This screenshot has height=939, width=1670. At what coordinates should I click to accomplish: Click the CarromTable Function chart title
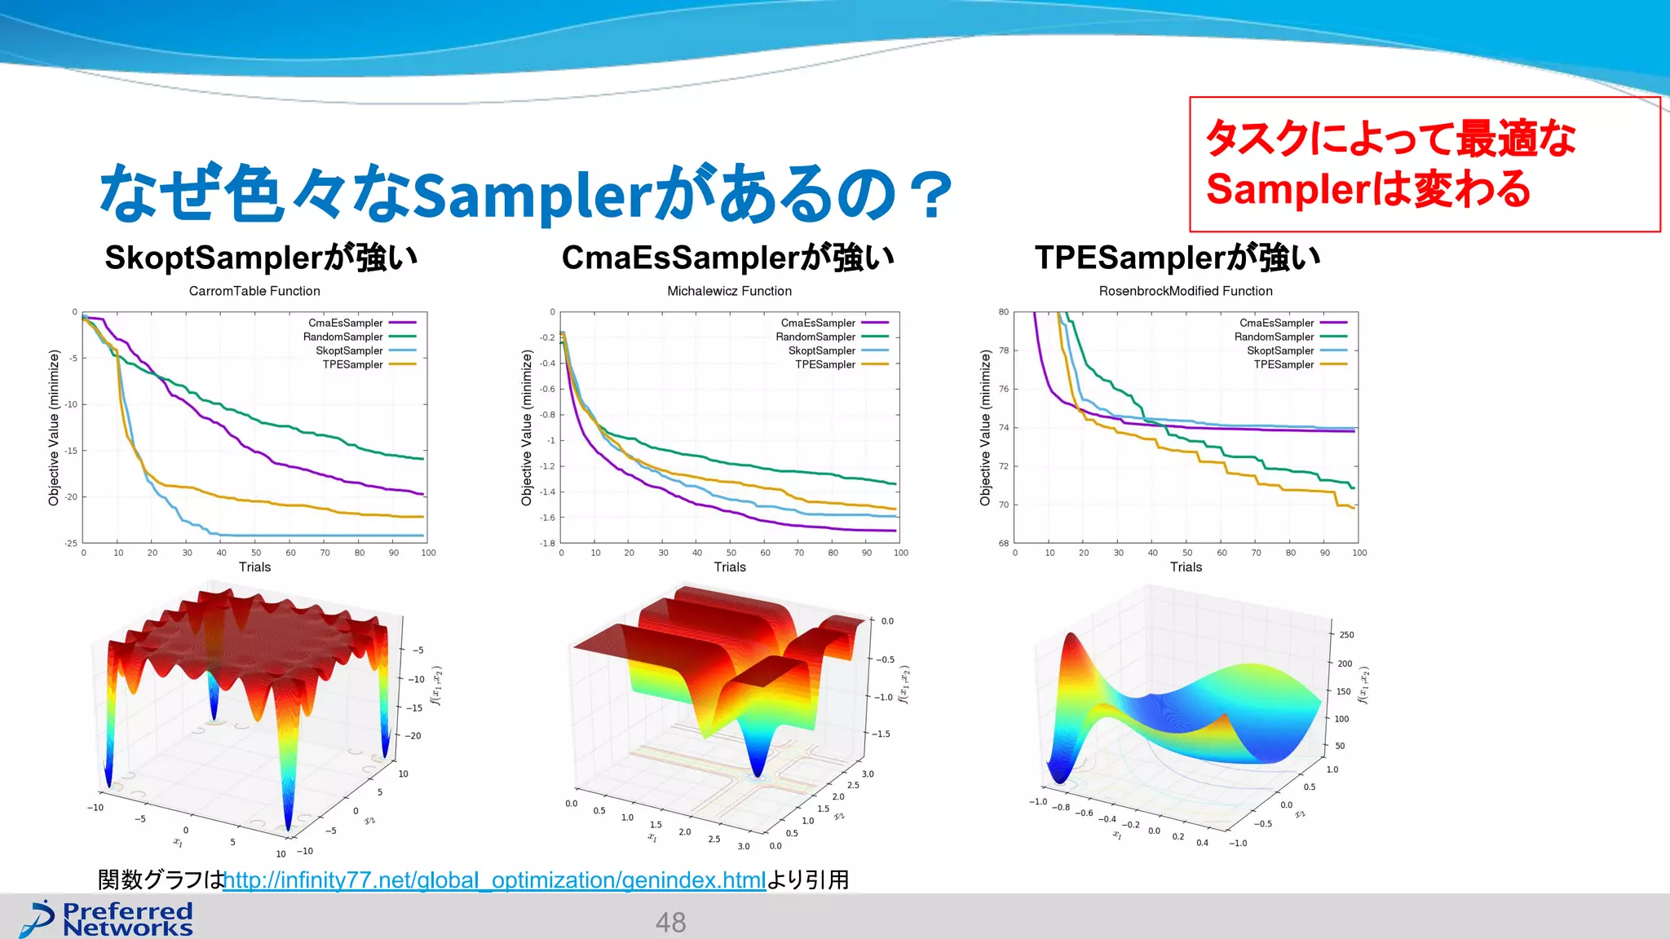click(x=254, y=291)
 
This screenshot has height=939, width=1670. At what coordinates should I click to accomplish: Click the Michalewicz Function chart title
click(x=729, y=291)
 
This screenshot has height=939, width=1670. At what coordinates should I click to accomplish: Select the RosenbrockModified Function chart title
click(x=1185, y=291)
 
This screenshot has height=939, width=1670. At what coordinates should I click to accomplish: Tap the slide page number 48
click(x=670, y=923)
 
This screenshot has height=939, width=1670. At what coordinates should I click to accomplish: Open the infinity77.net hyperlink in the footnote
click(x=494, y=880)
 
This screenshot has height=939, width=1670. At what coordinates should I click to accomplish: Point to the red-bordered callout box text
click(x=1390, y=163)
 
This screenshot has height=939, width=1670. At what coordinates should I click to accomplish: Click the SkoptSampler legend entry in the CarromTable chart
click(x=349, y=350)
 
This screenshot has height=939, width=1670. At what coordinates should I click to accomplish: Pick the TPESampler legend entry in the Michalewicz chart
click(x=825, y=364)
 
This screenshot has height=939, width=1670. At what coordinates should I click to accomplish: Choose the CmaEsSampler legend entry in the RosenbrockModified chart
click(x=1276, y=323)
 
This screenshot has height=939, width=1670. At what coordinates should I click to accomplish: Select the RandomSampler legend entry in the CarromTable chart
click(x=342, y=337)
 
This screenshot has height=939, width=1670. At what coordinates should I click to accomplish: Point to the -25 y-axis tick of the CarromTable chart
click(x=72, y=543)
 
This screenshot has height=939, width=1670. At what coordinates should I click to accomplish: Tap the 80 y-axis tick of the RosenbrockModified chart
click(x=1004, y=312)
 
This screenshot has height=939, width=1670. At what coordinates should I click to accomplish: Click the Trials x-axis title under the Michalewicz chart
click(x=730, y=567)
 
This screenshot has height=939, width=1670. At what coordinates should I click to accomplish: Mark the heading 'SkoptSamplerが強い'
click(x=261, y=258)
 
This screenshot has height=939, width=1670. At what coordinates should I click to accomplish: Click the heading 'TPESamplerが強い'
click(x=1177, y=258)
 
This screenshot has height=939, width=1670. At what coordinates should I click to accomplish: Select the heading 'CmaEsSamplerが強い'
click(x=727, y=258)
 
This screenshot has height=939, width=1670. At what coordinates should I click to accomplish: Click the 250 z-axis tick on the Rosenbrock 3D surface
click(x=1346, y=635)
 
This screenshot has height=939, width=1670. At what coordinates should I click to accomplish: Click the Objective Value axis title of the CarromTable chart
click(x=54, y=427)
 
